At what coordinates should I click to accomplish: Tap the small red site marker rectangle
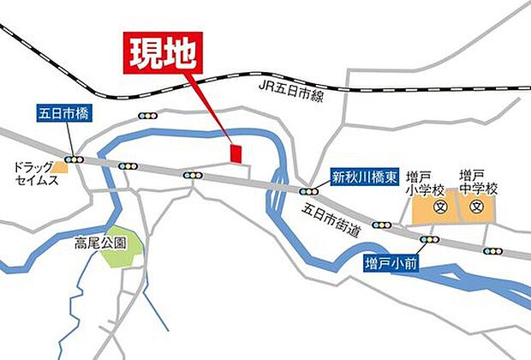pos(236,153)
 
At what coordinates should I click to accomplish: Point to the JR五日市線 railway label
pos(291,89)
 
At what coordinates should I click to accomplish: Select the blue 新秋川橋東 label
pos(366,177)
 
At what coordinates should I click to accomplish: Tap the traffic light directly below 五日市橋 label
pos(78,159)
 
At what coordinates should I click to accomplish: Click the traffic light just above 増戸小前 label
pos(428,239)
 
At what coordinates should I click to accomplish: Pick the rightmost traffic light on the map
pos(492,251)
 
